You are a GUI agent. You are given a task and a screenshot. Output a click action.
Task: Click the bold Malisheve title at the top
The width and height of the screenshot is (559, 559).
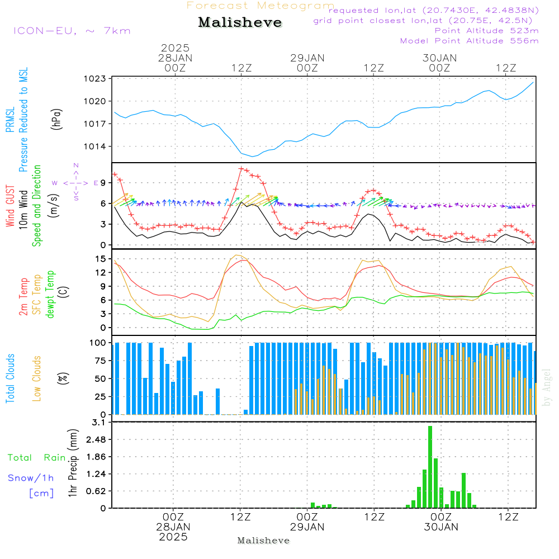pos(240,22)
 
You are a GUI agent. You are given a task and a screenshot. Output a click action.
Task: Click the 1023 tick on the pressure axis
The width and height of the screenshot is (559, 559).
pos(94,79)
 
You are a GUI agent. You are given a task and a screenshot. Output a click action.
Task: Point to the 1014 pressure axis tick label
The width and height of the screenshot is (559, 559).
pos(94,146)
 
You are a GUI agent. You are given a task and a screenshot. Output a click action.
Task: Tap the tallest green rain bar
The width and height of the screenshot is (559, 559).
pos(430,467)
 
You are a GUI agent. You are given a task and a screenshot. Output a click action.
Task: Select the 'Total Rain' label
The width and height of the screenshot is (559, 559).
pos(37,457)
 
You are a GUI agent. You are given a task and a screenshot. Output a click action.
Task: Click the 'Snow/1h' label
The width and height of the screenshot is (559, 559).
pos(31,478)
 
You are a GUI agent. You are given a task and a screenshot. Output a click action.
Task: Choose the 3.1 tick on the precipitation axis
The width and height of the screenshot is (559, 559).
pos(99,423)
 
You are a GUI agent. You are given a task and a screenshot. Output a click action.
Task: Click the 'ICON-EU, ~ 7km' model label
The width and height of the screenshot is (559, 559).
pos(72,31)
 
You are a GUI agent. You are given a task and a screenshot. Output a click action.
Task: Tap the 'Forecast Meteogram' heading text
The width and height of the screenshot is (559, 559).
pos(260,6)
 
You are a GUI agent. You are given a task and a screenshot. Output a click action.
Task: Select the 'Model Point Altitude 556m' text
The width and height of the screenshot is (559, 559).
pos(469,41)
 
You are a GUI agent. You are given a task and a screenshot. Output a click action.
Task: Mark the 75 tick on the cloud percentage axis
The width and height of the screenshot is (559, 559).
pos(100,361)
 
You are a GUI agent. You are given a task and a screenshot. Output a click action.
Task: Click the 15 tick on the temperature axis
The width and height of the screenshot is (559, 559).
pos(101,259)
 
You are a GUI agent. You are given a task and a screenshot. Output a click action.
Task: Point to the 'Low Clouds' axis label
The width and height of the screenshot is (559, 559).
pos(37,378)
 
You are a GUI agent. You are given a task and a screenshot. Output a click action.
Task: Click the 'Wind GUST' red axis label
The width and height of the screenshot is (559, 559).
pos(10,206)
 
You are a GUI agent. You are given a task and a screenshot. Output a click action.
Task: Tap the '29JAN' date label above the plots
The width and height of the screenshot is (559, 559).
pos(307,58)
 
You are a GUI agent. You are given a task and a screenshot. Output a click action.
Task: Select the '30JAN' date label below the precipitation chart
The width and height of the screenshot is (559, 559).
pos(441,527)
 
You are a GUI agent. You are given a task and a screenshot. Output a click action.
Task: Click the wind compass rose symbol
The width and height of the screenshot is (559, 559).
pos(75,183)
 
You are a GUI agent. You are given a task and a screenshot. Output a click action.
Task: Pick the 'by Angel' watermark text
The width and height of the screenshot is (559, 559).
pos(547,387)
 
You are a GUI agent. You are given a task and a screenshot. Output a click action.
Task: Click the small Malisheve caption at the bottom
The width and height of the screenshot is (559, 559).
pos(263,541)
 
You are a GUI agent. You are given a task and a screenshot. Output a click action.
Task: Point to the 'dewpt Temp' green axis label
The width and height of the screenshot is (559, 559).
pos(50,294)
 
